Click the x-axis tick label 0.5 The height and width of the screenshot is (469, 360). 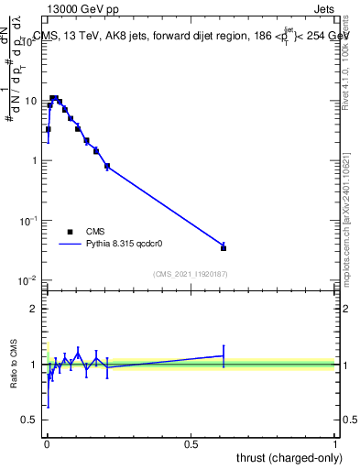pos(191,443)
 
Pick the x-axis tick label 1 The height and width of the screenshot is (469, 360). pos(335,443)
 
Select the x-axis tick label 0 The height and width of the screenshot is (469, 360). pos(47,443)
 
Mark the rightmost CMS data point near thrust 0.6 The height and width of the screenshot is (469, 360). pos(224,247)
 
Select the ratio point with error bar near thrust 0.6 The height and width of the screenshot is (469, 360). pos(224,355)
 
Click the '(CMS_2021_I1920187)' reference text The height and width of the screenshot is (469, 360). pos(190,274)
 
